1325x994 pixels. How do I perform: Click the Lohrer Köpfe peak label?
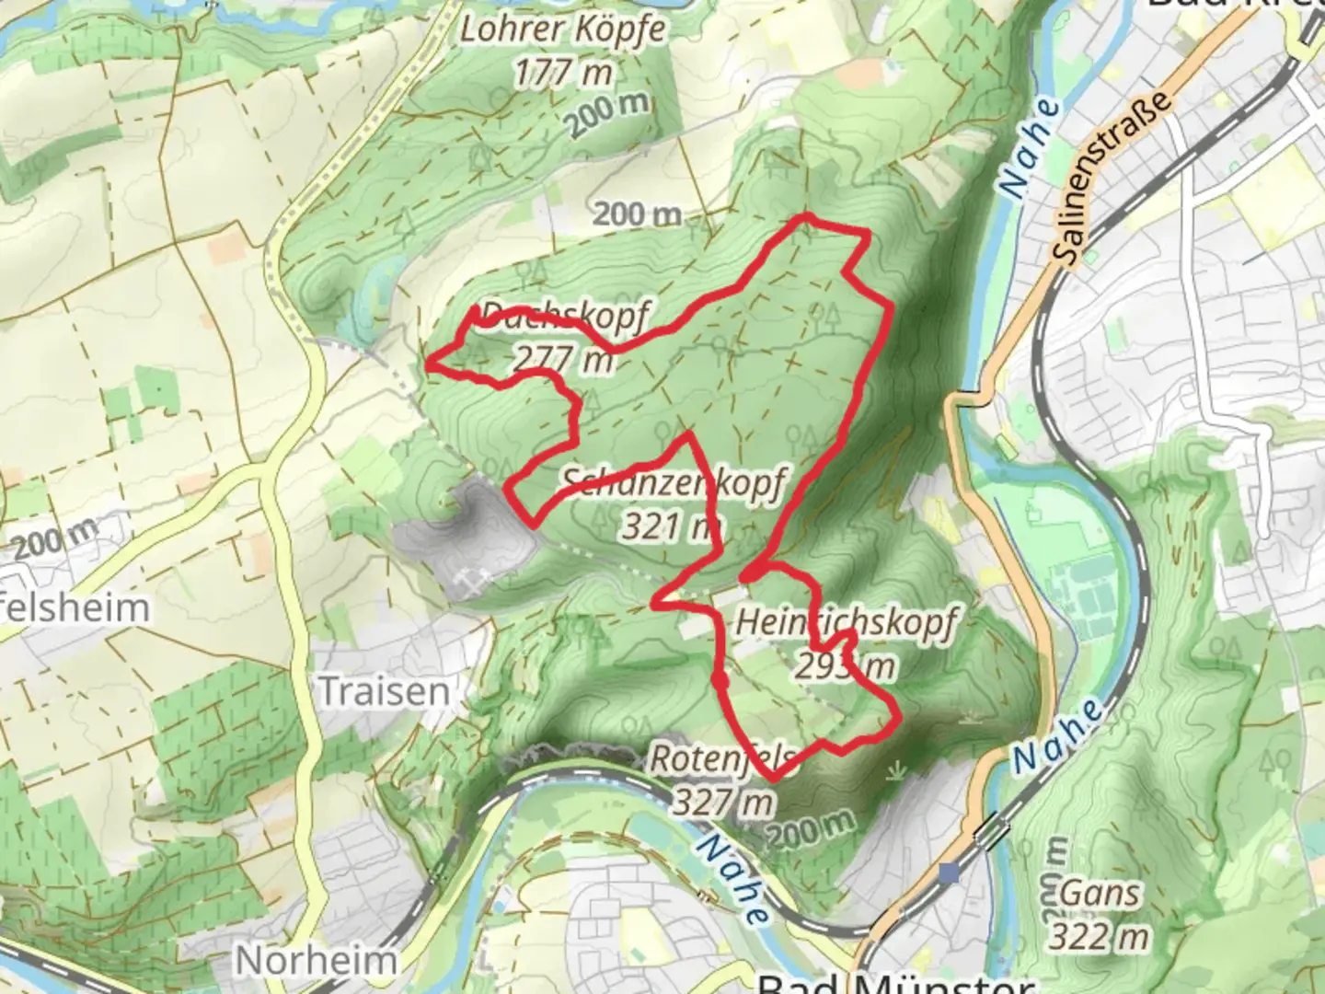pos(562,30)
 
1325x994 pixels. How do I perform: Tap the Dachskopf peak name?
pos(564,317)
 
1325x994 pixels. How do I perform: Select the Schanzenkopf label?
pos(674,482)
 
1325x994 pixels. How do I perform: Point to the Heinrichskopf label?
pos(847,623)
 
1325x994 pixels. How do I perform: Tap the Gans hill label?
pos(1100,893)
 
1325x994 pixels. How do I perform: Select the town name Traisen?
pos(384,691)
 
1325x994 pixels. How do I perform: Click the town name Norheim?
pos(316,961)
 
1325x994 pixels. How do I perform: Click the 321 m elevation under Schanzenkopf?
pos(670,526)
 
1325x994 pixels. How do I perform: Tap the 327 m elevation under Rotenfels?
pos(723,803)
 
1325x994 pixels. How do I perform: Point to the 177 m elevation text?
pos(562,72)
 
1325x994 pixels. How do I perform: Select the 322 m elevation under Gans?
pos(1100,937)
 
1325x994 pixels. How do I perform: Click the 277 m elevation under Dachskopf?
pos(562,358)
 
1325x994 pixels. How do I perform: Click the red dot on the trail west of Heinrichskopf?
pos(720,681)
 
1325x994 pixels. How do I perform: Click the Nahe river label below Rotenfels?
pos(732,879)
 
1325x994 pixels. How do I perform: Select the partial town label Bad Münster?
pos(893,983)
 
